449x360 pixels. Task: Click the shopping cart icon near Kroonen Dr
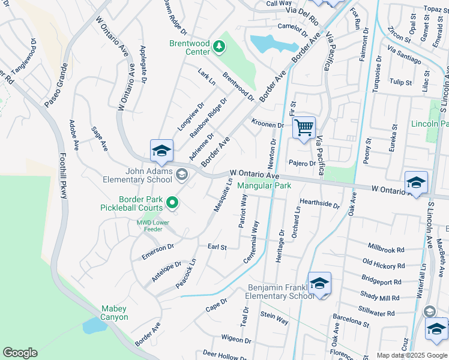[x=304, y=128]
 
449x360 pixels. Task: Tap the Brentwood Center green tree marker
[x=219, y=46]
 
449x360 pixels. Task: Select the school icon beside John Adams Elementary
[x=161, y=151]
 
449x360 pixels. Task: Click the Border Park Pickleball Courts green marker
[x=172, y=203]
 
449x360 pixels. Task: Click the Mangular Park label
[x=264, y=186]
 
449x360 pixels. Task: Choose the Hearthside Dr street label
[x=319, y=204]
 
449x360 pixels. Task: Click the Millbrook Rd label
[x=386, y=249]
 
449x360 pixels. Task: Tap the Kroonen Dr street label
[x=267, y=124]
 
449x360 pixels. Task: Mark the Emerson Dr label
[x=157, y=251]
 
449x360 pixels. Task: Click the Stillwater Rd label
[x=378, y=313]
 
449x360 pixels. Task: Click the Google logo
[x=20, y=352]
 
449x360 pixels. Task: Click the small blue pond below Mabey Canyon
[x=94, y=325]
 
